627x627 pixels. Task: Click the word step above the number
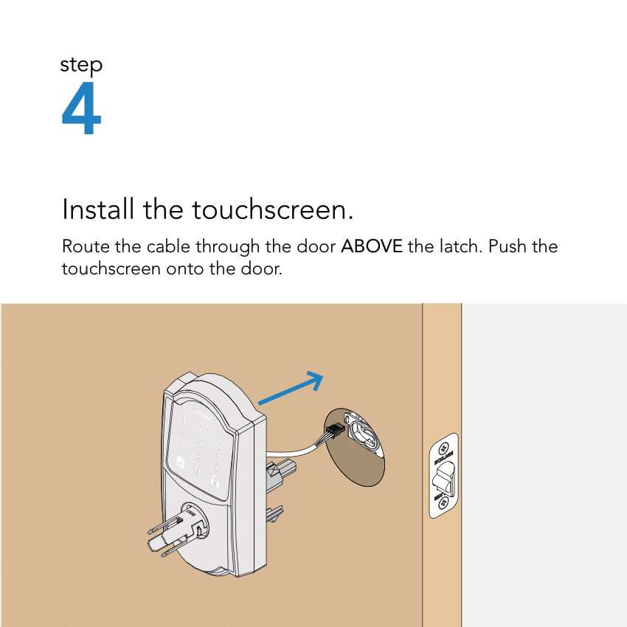click(81, 66)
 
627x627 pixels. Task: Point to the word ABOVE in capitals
click(371, 246)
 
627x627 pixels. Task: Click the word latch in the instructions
click(460, 246)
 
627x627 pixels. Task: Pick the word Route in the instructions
click(84, 246)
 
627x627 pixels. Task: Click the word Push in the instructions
click(510, 246)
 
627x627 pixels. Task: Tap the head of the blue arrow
click(316, 380)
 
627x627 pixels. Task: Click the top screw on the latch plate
click(443, 449)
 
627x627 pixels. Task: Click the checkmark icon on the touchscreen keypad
click(178, 463)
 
